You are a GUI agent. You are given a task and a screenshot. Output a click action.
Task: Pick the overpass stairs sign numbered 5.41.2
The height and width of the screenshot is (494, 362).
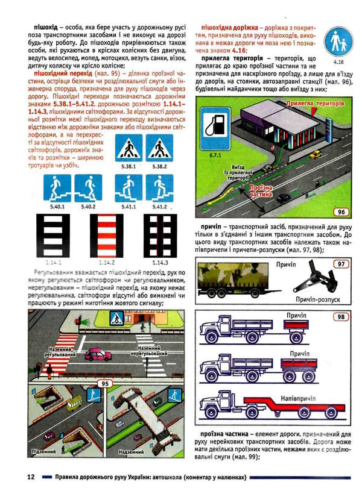coord(160,187)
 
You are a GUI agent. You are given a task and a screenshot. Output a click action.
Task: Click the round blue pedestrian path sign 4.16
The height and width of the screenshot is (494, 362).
coord(338,42)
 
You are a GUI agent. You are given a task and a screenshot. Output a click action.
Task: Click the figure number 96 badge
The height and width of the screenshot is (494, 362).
coord(341,211)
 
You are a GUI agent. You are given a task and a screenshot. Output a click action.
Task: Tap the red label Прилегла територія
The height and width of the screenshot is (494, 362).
coord(322,104)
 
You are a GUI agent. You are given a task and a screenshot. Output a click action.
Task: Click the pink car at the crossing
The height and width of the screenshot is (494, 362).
coord(97,355)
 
